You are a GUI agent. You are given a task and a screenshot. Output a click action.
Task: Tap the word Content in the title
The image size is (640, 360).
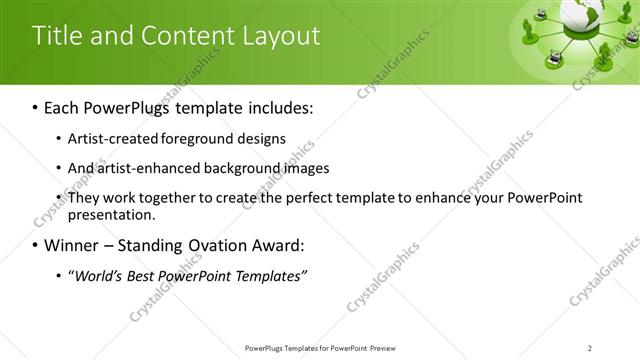tap(181, 36)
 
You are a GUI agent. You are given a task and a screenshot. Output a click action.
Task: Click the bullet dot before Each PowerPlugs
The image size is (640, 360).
tap(36, 105)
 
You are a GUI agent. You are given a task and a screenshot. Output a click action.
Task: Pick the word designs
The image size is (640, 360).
tap(259, 138)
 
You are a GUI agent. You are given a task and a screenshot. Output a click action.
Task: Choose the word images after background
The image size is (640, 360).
tap(307, 168)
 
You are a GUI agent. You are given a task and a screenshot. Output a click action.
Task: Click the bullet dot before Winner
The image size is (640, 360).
tap(36, 245)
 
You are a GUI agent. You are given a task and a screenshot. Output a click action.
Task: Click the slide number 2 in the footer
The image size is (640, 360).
tap(590, 347)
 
